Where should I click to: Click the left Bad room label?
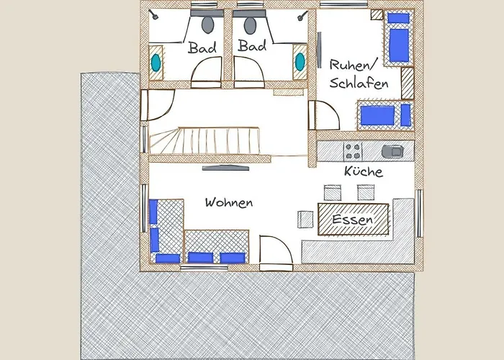click(202, 48)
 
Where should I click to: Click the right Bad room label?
click(252, 45)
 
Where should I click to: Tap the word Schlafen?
click(359, 84)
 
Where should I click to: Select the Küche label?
click(364, 171)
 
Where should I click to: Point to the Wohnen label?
click(229, 202)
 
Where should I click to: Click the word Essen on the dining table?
click(353, 220)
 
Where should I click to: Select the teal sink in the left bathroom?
click(156, 63)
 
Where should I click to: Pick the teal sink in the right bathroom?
click(300, 62)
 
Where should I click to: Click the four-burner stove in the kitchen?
click(353, 151)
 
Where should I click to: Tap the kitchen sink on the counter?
click(392, 151)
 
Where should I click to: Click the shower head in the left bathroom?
click(154, 14)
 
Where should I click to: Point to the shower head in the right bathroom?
click(302, 15)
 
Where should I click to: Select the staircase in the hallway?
click(204, 141)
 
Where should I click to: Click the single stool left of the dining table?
click(305, 220)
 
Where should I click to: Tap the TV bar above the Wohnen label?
click(225, 168)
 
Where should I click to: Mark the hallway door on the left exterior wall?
click(158, 105)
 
